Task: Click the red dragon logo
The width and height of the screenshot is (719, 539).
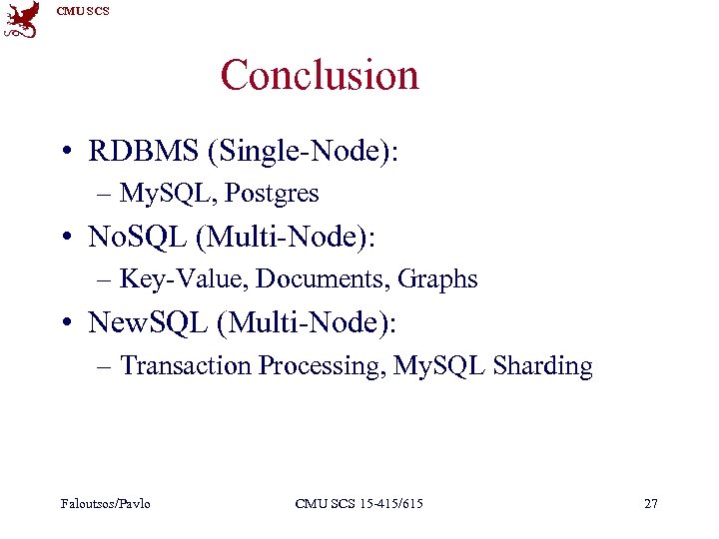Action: click(x=22, y=20)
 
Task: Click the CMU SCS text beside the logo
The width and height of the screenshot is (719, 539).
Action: click(x=83, y=11)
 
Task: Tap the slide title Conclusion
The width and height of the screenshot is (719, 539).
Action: click(x=320, y=75)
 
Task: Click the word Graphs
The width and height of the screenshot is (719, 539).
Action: click(x=437, y=279)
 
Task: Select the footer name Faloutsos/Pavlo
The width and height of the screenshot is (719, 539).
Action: click(x=104, y=503)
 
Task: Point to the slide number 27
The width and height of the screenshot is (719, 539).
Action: click(x=651, y=503)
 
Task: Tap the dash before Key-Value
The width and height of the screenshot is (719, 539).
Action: click(x=106, y=280)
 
